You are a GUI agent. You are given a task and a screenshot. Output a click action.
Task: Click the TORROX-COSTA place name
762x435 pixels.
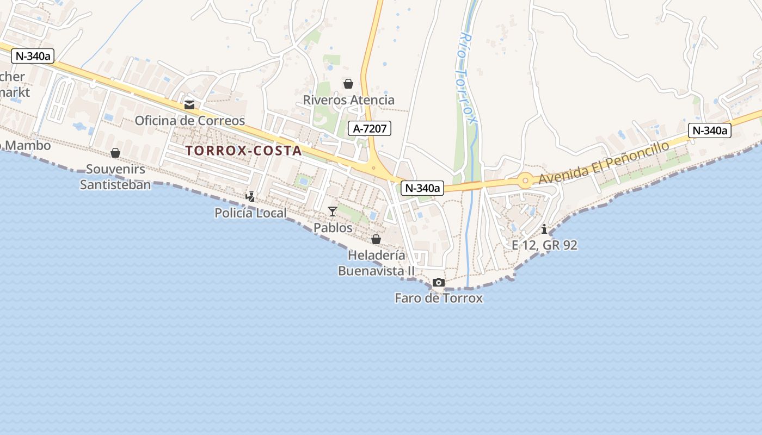(243, 151)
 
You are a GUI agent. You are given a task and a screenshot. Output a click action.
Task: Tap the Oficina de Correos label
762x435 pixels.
(190, 120)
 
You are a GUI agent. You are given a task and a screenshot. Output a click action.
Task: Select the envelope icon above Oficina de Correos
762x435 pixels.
(189, 105)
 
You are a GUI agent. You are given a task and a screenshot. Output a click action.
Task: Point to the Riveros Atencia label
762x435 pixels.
(348, 100)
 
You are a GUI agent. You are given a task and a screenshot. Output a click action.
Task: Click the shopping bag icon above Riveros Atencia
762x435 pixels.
(348, 84)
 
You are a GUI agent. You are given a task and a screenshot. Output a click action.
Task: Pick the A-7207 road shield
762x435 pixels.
(370, 128)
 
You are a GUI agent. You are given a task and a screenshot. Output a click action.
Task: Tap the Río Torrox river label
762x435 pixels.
(467, 76)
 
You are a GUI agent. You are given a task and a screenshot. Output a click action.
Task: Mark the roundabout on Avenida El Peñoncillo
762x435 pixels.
(525, 181)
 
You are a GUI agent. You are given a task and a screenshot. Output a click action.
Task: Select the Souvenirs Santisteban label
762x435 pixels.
(115, 177)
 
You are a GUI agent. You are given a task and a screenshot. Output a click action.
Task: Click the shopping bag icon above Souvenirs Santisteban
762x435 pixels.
(115, 153)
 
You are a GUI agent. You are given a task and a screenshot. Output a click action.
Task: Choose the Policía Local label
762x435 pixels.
(250, 213)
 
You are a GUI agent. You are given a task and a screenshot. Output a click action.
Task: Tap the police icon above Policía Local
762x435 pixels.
(250, 197)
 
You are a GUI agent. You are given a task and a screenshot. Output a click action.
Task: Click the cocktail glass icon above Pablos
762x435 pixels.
(333, 211)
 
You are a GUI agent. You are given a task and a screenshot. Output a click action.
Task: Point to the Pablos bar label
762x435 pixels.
(333, 227)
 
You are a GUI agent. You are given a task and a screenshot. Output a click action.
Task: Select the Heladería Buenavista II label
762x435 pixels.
(376, 263)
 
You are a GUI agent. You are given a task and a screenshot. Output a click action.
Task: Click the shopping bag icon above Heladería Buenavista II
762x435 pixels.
(376, 239)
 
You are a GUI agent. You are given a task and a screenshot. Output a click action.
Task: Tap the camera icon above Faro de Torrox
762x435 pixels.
(439, 283)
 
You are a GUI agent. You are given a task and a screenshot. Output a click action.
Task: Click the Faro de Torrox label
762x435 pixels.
(439, 298)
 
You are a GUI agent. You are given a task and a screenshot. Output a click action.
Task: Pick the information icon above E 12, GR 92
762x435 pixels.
(544, 229)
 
